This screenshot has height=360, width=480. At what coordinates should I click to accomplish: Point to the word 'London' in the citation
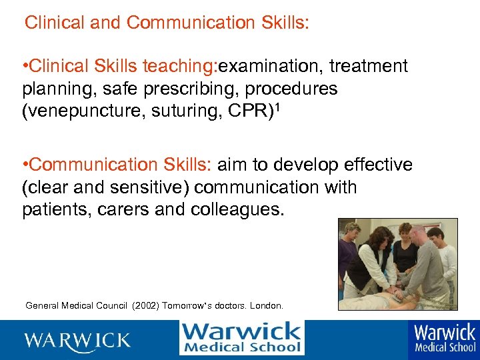click(x=267, y=306)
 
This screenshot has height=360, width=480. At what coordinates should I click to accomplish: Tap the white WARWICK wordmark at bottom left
click(x=78, y=340)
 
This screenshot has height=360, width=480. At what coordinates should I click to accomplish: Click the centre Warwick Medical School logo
click(x=241, y=338)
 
